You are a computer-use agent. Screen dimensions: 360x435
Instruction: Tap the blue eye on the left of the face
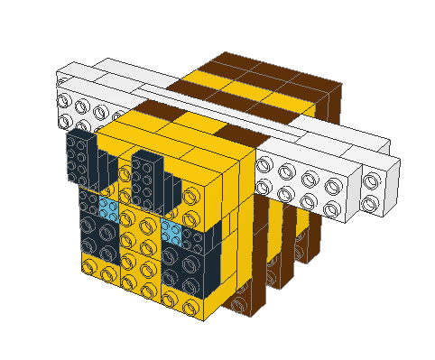(108, 209)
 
